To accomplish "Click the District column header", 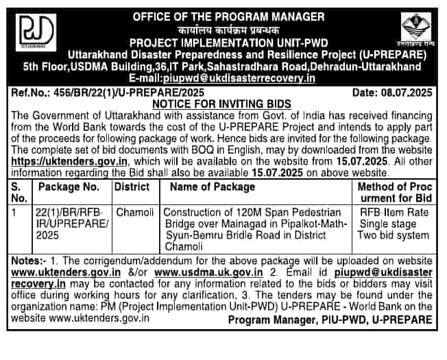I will coord(132,187).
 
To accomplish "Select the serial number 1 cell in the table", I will coord(16,213).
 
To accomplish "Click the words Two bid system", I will coord(396,236).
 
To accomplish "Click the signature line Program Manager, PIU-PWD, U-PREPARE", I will coord(330,320).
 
